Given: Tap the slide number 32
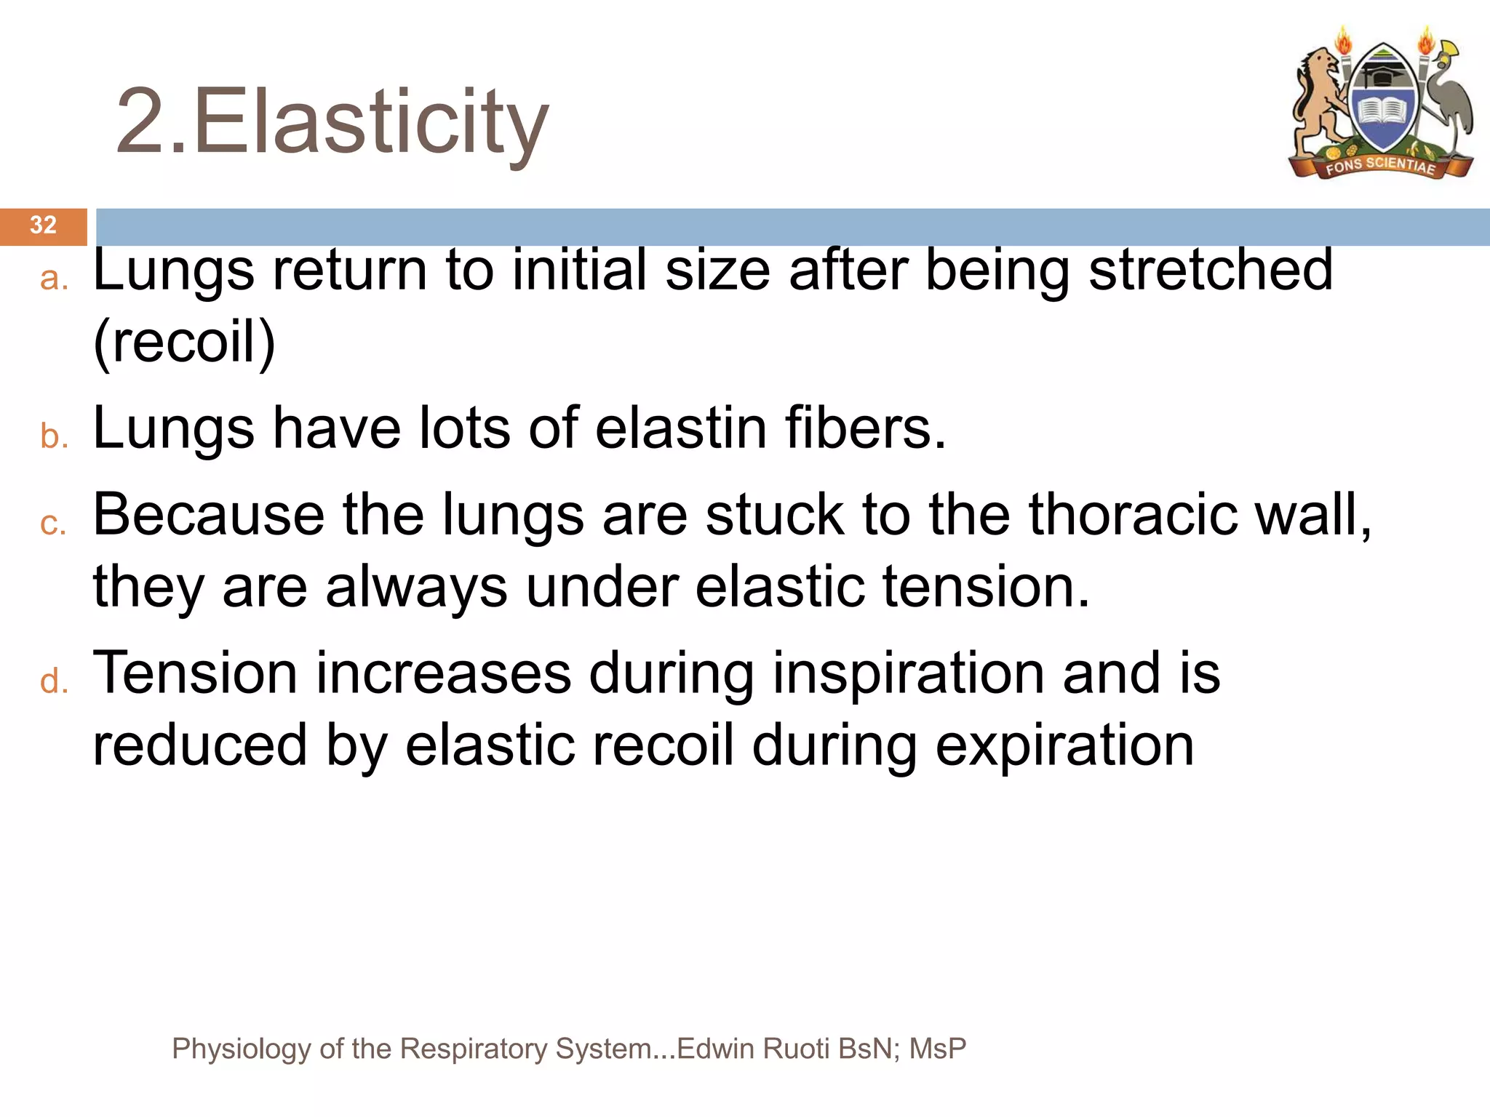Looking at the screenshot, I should pyautogui.click(x=43, y=225).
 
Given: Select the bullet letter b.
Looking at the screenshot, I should pyautogui.click(x=53, y=436).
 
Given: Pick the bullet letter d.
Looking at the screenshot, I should pyautogui.click(x=53, y=682).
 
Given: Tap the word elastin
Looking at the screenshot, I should pyautogui.click(x=680, y=428).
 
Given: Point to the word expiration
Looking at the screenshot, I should pyautogui.click(x=1064, y=746).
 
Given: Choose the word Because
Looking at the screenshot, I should pyautogui.click(x=209, y=515).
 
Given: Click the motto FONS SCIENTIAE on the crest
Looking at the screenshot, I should pyautogui.click(x=1379, y=166).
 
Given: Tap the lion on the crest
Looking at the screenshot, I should pyautogui.click(x=1318, y=102).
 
